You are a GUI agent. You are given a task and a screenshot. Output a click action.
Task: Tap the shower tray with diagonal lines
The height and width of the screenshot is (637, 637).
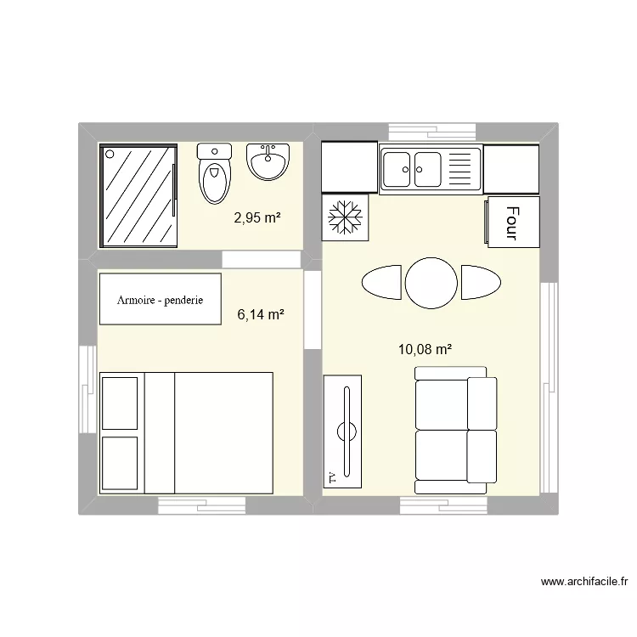point(138,195)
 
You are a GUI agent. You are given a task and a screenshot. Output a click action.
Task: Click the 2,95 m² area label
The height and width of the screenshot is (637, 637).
point(257,217)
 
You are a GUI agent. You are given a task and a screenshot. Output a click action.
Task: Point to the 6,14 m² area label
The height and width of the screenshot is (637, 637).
point(261,315)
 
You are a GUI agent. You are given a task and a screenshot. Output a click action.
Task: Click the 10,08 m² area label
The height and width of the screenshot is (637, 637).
point(425,348)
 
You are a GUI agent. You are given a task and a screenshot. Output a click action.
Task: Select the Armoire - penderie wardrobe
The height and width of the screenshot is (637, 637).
point(161,299)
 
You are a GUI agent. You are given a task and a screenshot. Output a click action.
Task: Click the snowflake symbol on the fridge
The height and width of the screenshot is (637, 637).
point(346,217)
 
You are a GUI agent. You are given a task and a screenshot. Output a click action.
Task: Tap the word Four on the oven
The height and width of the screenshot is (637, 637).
point(511,222)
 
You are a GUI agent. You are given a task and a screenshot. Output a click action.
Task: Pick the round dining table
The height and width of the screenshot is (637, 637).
point(431,283)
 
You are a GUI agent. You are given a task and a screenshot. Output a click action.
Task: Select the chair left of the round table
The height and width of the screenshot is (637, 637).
point(381,282)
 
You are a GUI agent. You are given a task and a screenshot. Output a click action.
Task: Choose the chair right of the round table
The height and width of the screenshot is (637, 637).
point(482,282)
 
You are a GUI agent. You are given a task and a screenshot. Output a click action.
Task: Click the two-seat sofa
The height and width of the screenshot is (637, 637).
point(455,431)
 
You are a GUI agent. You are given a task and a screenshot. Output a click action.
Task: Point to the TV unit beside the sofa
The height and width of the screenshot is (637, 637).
point(345,431)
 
